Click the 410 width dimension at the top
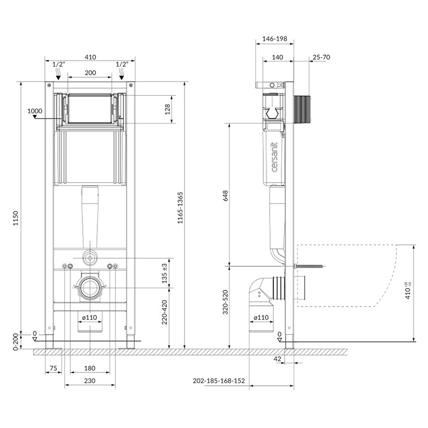point(90,57)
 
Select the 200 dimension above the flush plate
point(90,73)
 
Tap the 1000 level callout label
point(35,111)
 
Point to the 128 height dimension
point(167,109)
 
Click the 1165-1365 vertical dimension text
point(180,208)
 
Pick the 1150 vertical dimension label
point(16,218)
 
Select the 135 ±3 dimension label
point(164,273)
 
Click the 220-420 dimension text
point(164,312)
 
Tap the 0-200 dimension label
point(16,341)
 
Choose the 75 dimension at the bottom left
point(53,368)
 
